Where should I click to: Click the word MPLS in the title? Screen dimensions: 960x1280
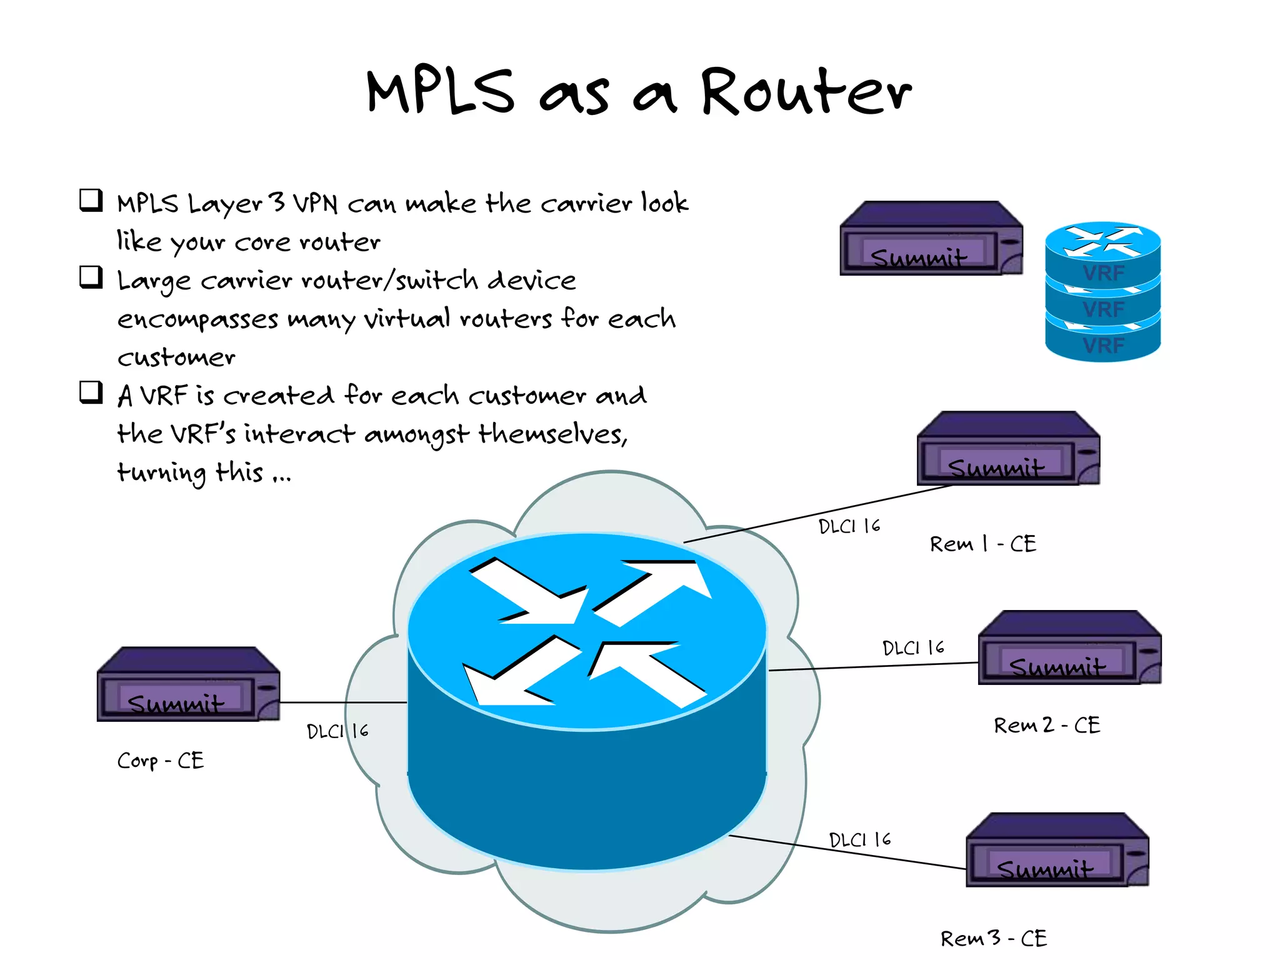[441, 92]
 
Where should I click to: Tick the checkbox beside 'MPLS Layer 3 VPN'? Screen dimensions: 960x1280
[91, 200]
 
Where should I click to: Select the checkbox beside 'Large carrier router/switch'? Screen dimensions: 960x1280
[91, 277]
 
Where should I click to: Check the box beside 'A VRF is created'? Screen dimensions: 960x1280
[91, 392]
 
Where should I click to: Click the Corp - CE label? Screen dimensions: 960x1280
[161, 761]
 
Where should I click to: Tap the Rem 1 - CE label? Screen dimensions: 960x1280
[982, 544]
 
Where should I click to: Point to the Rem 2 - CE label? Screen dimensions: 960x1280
[1047, 725]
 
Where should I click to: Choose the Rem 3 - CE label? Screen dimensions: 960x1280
[994, 938]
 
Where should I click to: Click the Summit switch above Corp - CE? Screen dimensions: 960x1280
[188, 685]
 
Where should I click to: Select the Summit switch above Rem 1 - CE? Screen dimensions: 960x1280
[1008, 449]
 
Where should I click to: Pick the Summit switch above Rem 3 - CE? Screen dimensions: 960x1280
[1057, 850]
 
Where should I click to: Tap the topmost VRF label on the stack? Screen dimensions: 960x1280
[1103, 273]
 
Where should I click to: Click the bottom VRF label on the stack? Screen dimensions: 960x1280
[1103, 346]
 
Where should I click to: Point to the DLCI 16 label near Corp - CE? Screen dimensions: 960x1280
[337, 731]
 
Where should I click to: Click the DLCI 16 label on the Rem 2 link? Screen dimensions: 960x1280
[913, 647]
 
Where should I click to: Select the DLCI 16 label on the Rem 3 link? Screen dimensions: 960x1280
[860, 839]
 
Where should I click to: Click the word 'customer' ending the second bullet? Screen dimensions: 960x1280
[176, 357]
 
